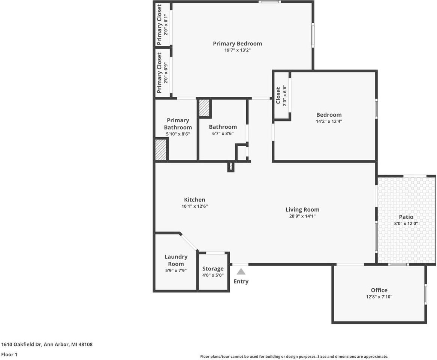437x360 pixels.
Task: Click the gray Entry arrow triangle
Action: click(241, 271)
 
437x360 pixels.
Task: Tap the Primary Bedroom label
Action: click(237, 43)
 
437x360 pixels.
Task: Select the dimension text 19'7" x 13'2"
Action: click(237, 50)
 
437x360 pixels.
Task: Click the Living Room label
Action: click(302, 210)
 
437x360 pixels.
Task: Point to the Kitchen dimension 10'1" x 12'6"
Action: click(195, 206)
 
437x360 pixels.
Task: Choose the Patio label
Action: click(406, 217)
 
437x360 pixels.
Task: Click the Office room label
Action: click(379, 290)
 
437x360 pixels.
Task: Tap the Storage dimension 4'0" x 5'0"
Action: click(213, 275)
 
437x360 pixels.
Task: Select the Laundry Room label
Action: click(176, 260)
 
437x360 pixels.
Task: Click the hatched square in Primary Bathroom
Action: click(161, 150)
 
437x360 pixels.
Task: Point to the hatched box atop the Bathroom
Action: click(204, 108)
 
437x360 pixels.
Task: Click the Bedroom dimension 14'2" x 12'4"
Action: click(329, 121)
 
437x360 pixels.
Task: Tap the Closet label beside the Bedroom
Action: click(278, 96)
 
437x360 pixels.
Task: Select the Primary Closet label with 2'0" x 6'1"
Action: click(159, 25)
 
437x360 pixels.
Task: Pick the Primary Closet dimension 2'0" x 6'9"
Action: click(166, 73)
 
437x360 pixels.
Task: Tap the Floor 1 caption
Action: click(9, 354)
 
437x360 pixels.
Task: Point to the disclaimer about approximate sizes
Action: click(294, 357)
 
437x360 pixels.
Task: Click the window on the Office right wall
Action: click(425, 294)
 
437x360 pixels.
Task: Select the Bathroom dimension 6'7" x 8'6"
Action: click(223, 133)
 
